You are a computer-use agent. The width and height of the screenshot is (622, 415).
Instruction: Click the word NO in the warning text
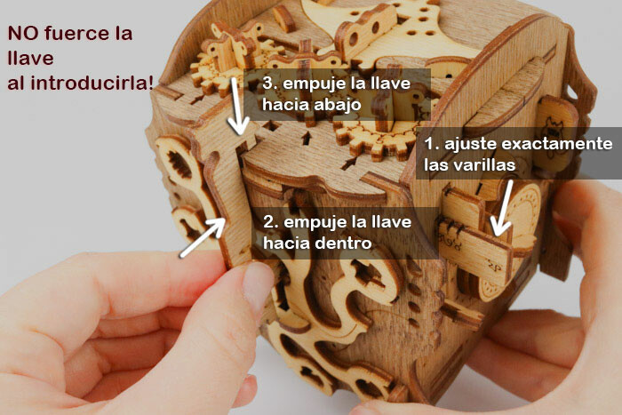23,34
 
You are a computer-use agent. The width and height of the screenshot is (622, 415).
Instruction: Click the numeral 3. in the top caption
269,84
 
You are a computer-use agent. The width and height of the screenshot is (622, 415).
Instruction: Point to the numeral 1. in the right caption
431,144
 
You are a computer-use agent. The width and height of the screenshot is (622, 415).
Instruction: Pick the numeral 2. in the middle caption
270,222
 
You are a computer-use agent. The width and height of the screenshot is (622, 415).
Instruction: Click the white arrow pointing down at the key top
238,106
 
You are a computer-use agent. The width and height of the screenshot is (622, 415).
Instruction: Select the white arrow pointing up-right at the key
203,238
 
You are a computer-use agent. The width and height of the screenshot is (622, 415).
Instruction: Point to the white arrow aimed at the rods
502,208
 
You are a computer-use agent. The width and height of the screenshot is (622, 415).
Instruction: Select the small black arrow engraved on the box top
307,138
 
